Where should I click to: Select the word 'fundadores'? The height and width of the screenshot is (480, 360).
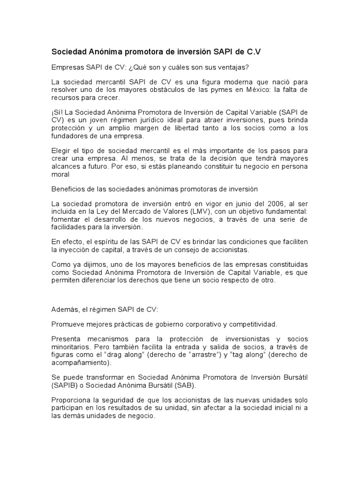69,136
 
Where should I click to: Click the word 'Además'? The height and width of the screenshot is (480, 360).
64,310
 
